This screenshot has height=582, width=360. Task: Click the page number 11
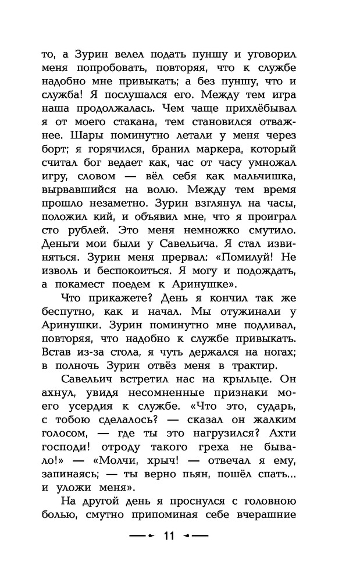click(x=169, y=536)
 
